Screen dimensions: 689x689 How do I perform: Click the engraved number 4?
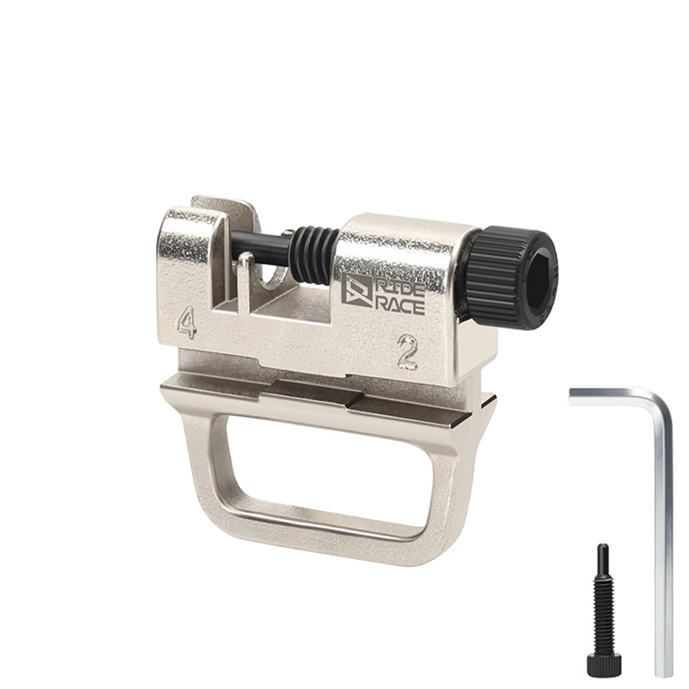tap(187, 322)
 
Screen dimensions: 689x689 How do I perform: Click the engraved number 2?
tap(407, 351)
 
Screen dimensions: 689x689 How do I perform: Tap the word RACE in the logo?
tap(400, 306)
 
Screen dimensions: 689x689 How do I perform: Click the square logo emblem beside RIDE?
tap(357, 289)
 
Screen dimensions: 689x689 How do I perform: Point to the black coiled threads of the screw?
tap(314, 255)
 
